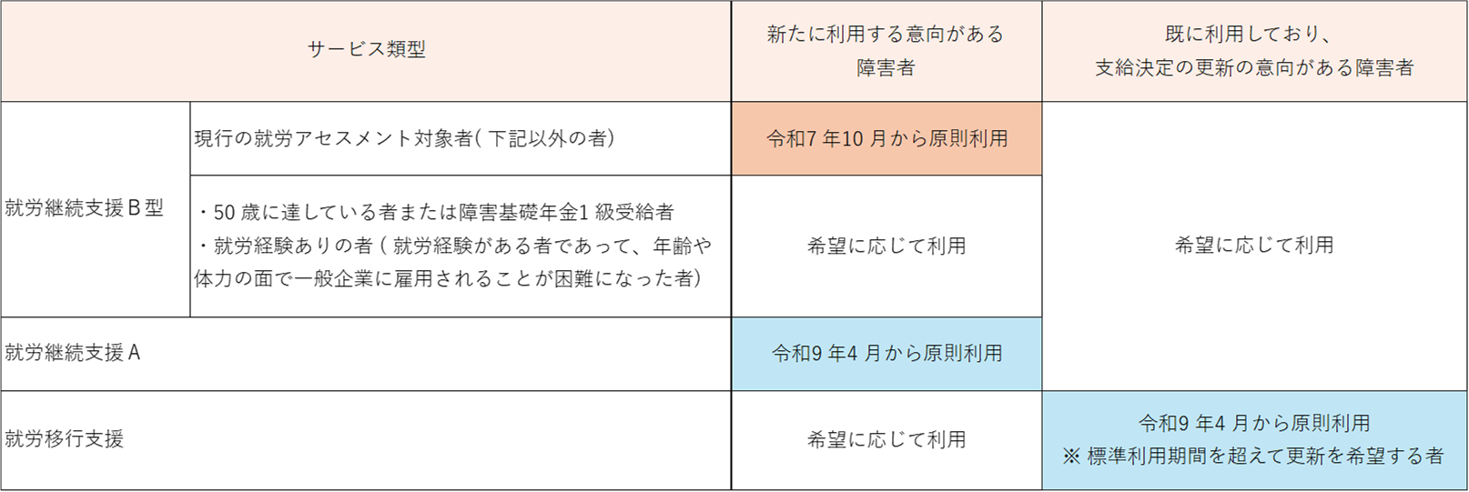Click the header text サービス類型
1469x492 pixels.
coord(366,50)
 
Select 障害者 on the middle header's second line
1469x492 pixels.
coord(886,68)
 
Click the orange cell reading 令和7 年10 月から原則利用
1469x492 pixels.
coord(886,139)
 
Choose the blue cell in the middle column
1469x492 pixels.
coord(886,354)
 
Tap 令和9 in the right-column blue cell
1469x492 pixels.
coord(1164,423)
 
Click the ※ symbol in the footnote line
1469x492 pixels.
coord(1070,457)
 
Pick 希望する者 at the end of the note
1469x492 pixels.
coord(1400,457)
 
